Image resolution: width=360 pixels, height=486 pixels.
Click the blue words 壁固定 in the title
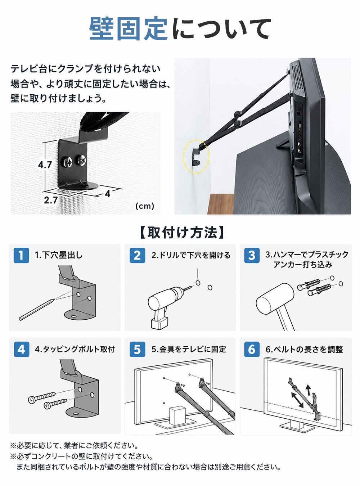coord(129,29)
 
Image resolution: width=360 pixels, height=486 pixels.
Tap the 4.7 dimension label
coord(45,165)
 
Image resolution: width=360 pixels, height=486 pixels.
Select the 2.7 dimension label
coord(51,200)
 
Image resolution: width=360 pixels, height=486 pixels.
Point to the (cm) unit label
coord(145,206)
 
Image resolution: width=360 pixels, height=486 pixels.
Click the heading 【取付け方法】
coord(182,233)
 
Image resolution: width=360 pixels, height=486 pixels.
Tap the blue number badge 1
coord(21,255)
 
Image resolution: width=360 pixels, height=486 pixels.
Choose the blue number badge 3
coord(252,255)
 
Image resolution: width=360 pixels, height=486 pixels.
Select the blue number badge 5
coord(137,349)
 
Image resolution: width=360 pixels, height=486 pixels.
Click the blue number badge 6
coord(252,349)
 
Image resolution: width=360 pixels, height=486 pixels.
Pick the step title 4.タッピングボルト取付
coord(75,349)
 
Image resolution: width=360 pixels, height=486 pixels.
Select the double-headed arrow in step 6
coord(297,400)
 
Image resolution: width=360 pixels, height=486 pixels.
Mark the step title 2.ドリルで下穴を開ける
coord(191,255)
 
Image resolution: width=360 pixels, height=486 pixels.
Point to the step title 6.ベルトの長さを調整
coord(304,349)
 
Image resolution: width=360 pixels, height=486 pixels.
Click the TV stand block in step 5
coord(178,415)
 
